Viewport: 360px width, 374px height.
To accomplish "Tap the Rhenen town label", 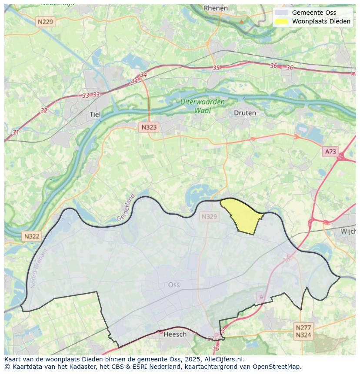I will [x=216, y=8].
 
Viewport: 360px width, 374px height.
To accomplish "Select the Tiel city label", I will [x=95, y=114].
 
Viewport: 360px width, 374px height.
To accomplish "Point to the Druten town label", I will [x=245, y=113].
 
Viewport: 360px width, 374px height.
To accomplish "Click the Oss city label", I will [x=173, y=285].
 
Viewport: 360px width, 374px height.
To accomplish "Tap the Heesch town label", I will [x=175, y=334].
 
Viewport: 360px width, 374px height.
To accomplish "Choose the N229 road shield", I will [x=46, y=22].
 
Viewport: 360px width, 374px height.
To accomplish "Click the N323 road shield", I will [x=149, y=127].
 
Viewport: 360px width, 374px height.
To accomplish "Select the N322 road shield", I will [x=32, y=236].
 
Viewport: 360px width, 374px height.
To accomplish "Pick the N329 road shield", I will [x=209, y=216].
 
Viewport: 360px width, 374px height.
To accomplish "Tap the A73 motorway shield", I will [x=330, y=152].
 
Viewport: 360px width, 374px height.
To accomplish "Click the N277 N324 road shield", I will [x=303, y=331].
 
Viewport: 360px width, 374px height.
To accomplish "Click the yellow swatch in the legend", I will [x=281, y=21].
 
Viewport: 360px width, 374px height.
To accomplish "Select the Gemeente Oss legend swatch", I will [x=281, y=13].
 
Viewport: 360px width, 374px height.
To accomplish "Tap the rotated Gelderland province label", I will [x=126, y=208].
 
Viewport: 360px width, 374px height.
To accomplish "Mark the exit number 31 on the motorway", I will [x=16, y=132].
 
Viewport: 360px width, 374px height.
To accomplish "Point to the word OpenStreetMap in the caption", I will [x=277, y=366].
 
